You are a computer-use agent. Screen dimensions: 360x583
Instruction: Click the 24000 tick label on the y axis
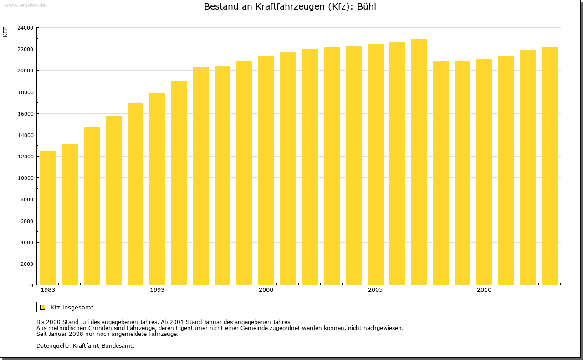(25, 28)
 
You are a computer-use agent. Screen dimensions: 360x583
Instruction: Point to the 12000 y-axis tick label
(25, 157)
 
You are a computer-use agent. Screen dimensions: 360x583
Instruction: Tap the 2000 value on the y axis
(26, 264)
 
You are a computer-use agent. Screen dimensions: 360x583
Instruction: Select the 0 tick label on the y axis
(31, 285)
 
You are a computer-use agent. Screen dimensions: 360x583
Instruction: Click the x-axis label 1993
(157, 290)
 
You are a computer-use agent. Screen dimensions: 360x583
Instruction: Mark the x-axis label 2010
(484, 290)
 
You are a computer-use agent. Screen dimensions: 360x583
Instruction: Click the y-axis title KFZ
(5, 32)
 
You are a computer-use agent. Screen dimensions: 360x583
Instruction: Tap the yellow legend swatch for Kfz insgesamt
(42, 307)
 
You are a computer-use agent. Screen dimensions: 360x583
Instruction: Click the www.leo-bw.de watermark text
(24, 5)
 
